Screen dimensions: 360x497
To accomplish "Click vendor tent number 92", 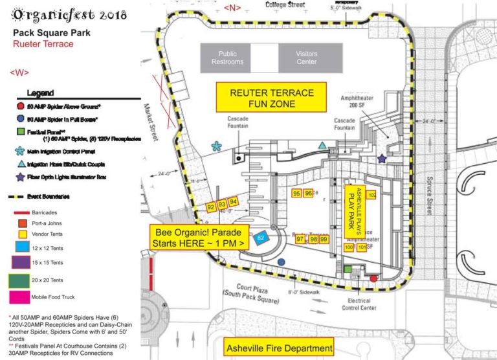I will (x=210, y=207).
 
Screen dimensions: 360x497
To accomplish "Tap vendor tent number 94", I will (x=234, y=202).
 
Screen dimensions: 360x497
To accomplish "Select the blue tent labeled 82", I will (x=261, y=238).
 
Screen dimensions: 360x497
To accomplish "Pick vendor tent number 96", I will (x=309, y=194).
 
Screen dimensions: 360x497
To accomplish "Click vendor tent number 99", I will (x=324, y=240).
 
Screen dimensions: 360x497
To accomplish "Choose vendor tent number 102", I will (x=371, y=195).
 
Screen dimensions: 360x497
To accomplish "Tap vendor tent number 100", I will (x=349, y=247).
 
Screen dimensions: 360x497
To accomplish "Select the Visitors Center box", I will (x=306, y=58).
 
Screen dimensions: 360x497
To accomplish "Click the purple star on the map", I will (x=382, y=158).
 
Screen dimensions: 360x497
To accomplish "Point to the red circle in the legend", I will (x=21, y=106).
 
